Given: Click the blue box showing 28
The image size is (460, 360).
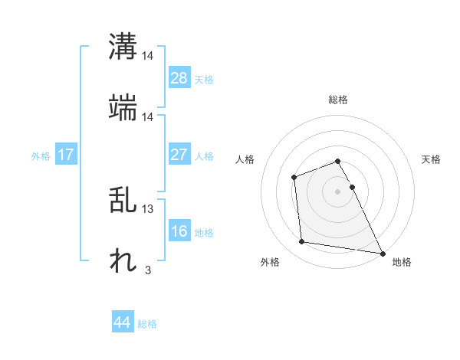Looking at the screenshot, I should tap(179, 78).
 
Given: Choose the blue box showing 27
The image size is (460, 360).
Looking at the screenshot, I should tap(179, 155).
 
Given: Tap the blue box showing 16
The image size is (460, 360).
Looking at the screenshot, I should tap(179, 231).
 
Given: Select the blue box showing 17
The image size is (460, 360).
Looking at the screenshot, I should tap(66, 155).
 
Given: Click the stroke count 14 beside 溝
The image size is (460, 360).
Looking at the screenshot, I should tap(148, 56).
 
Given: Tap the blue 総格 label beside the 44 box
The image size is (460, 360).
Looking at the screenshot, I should tap(147, 324).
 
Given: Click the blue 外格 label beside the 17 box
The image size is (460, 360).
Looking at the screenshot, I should tap(41, 156).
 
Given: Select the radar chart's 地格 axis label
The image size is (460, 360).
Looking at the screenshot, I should tap(402, 262).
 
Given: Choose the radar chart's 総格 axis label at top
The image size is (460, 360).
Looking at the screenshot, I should tap(338, 100).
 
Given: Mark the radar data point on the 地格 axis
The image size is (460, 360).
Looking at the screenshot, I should tap(382, 253).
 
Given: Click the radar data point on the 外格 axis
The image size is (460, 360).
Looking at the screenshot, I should tap(302, 242).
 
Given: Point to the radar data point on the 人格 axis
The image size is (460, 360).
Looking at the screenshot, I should tap(294, 178).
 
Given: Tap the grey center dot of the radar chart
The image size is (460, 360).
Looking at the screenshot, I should tap(338, 191).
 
